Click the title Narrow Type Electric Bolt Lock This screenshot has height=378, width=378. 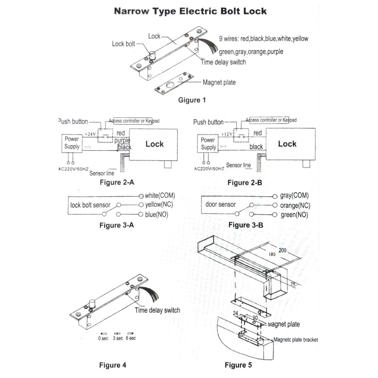(191, 11)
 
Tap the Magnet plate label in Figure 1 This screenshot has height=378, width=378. (220, 82)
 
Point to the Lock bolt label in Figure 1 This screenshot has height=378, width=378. (123, 44)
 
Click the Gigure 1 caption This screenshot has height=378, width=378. (192, 100)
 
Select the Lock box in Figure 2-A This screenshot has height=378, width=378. (154, 144)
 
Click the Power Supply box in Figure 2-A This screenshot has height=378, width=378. (72, 143)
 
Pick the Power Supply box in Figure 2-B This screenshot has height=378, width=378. (208, 143)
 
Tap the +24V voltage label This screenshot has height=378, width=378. (90, 134)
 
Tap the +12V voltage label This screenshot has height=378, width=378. (227, 134)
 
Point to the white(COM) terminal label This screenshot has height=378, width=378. (160, 196)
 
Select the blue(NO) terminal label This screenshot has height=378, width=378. (156, 214)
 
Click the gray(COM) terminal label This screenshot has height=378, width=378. (294, 196)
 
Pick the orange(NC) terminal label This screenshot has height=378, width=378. (295, 206)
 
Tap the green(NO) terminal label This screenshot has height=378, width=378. (294, 215)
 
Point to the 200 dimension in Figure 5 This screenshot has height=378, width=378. (282, 250)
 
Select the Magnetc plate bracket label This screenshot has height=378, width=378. (296, 339)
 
